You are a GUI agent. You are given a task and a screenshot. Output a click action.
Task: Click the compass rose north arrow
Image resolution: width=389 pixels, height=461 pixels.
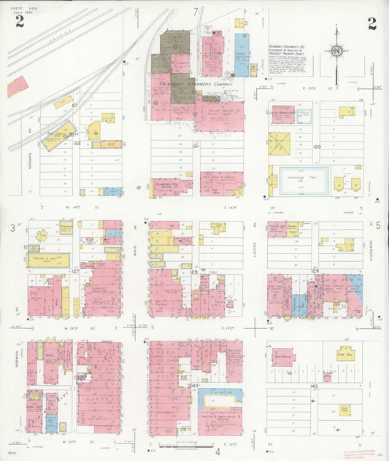[336, 52]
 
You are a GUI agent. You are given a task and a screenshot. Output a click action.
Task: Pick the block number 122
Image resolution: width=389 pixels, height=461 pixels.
[76, 144]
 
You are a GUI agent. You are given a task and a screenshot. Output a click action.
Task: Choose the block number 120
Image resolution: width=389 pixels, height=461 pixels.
[317, 147]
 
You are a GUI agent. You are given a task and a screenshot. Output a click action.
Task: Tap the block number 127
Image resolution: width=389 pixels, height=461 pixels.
[74, 271]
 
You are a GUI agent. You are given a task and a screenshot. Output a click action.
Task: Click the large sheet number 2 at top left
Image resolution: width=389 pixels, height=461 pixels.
[19, 22]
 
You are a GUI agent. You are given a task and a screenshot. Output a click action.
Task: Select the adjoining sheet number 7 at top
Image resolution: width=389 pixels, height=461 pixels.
[195, 11]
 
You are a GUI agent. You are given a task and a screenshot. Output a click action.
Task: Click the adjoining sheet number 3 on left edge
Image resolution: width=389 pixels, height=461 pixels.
[12, 229]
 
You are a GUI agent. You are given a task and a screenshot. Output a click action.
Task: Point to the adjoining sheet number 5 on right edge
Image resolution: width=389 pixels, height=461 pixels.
[378, 228]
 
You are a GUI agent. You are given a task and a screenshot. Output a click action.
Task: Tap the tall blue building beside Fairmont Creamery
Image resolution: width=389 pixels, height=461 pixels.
[241, 55]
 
